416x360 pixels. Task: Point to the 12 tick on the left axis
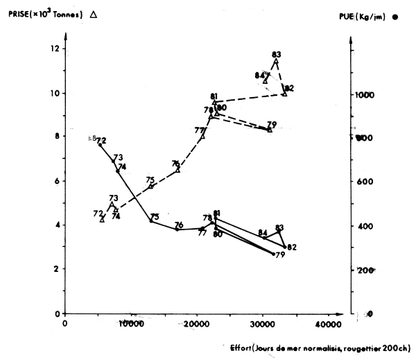click(x=56, y=49)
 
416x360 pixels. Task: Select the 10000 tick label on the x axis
click(x=129, y=324)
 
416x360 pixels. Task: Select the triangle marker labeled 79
click(x=270, y=129)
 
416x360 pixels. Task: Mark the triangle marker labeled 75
click(x=150, y=186)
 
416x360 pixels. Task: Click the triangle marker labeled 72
click(x=102, y=218)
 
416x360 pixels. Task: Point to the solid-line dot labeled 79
click(x=274, y=254)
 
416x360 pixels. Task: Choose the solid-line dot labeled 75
click(x=151, y=221)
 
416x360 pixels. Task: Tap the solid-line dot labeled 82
click(x=285, y=246)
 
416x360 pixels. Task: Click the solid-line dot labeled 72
click(x=101, y=145)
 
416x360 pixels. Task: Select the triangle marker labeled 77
click(x=202, y=137)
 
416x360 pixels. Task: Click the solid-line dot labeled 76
click(x=177, y=229)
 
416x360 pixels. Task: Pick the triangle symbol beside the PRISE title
click(x=93, y=14)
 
